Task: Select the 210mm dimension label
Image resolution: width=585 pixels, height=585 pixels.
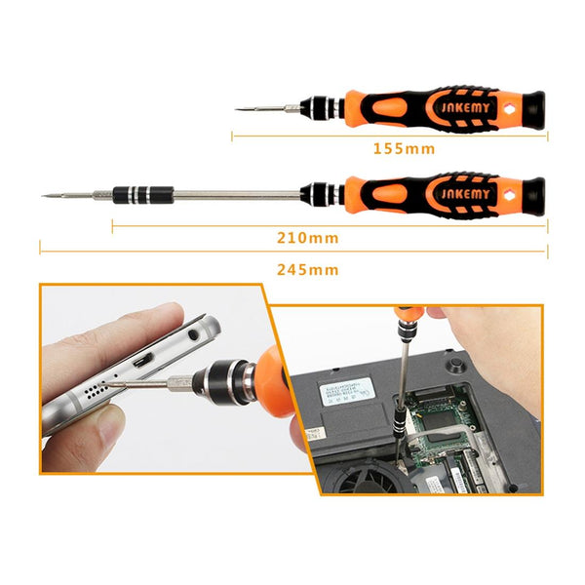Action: [307, 237]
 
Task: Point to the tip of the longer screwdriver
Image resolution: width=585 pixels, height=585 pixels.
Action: [45, 196]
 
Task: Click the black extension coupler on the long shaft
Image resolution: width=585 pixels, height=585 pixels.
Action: [138, 194]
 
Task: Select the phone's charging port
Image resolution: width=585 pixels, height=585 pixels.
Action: [141, 370]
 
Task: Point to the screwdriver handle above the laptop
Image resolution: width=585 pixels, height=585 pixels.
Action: [407, 316]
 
